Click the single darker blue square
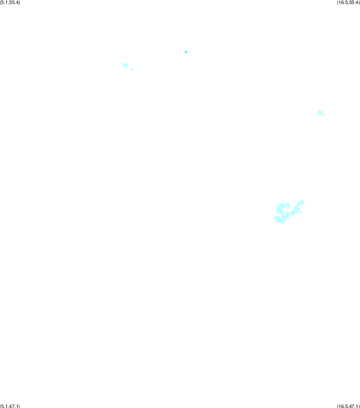coord(186,52)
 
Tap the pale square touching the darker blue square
coord(184,52)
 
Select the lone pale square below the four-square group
coord(133,70)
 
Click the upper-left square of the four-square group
coord(124,64)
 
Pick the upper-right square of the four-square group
coord(127,64)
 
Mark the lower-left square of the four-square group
coord(124,66)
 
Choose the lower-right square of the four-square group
coord(126,66)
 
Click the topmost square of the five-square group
coord(320,112)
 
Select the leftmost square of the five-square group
coord(319,114)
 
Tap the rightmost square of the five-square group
coord(323,115)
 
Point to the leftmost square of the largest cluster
coord(275,218)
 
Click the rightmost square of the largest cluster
coord(304,202)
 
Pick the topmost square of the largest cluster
coord(301,201)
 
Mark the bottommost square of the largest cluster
coord(282,222)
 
